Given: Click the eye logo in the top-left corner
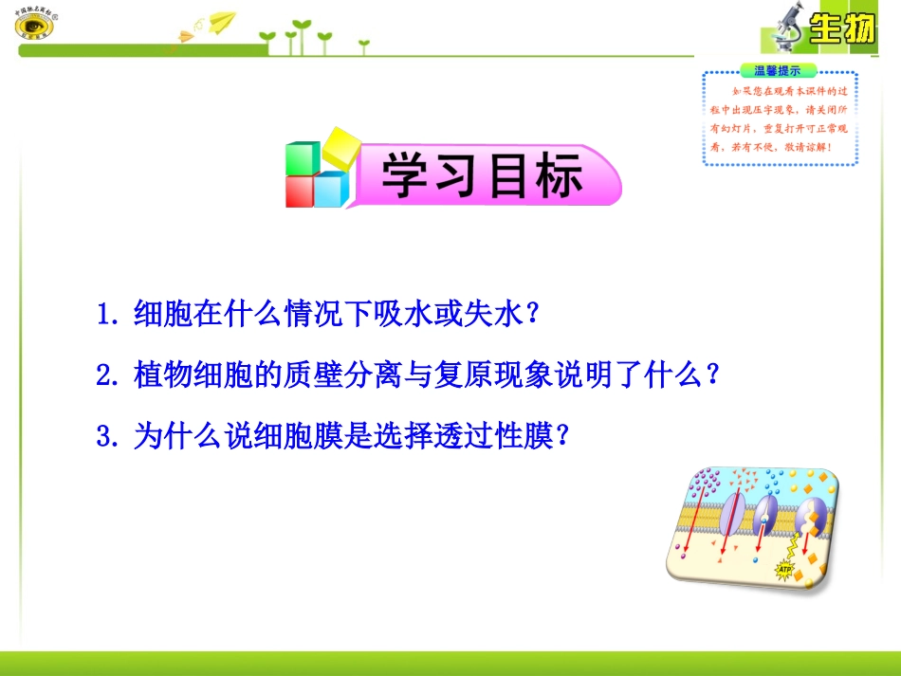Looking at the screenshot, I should (34, 25).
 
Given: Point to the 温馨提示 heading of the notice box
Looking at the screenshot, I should (777, 70).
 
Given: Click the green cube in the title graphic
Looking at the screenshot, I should (303, 158).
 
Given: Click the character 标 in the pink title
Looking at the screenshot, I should (557, 175).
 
